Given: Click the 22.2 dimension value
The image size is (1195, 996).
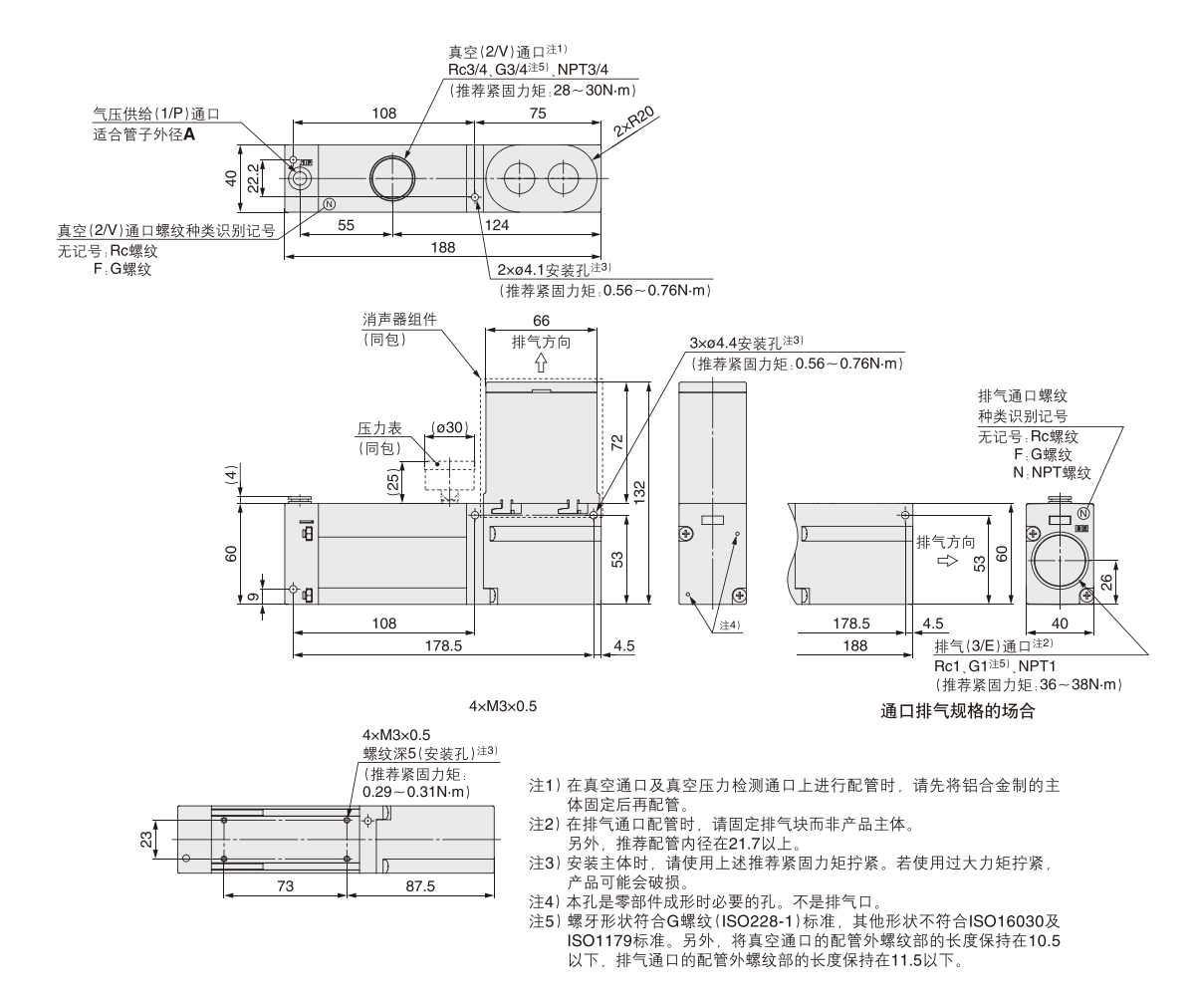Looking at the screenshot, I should click(x=255, y=177).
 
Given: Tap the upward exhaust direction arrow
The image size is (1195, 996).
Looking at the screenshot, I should click(x=541, y=364).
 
